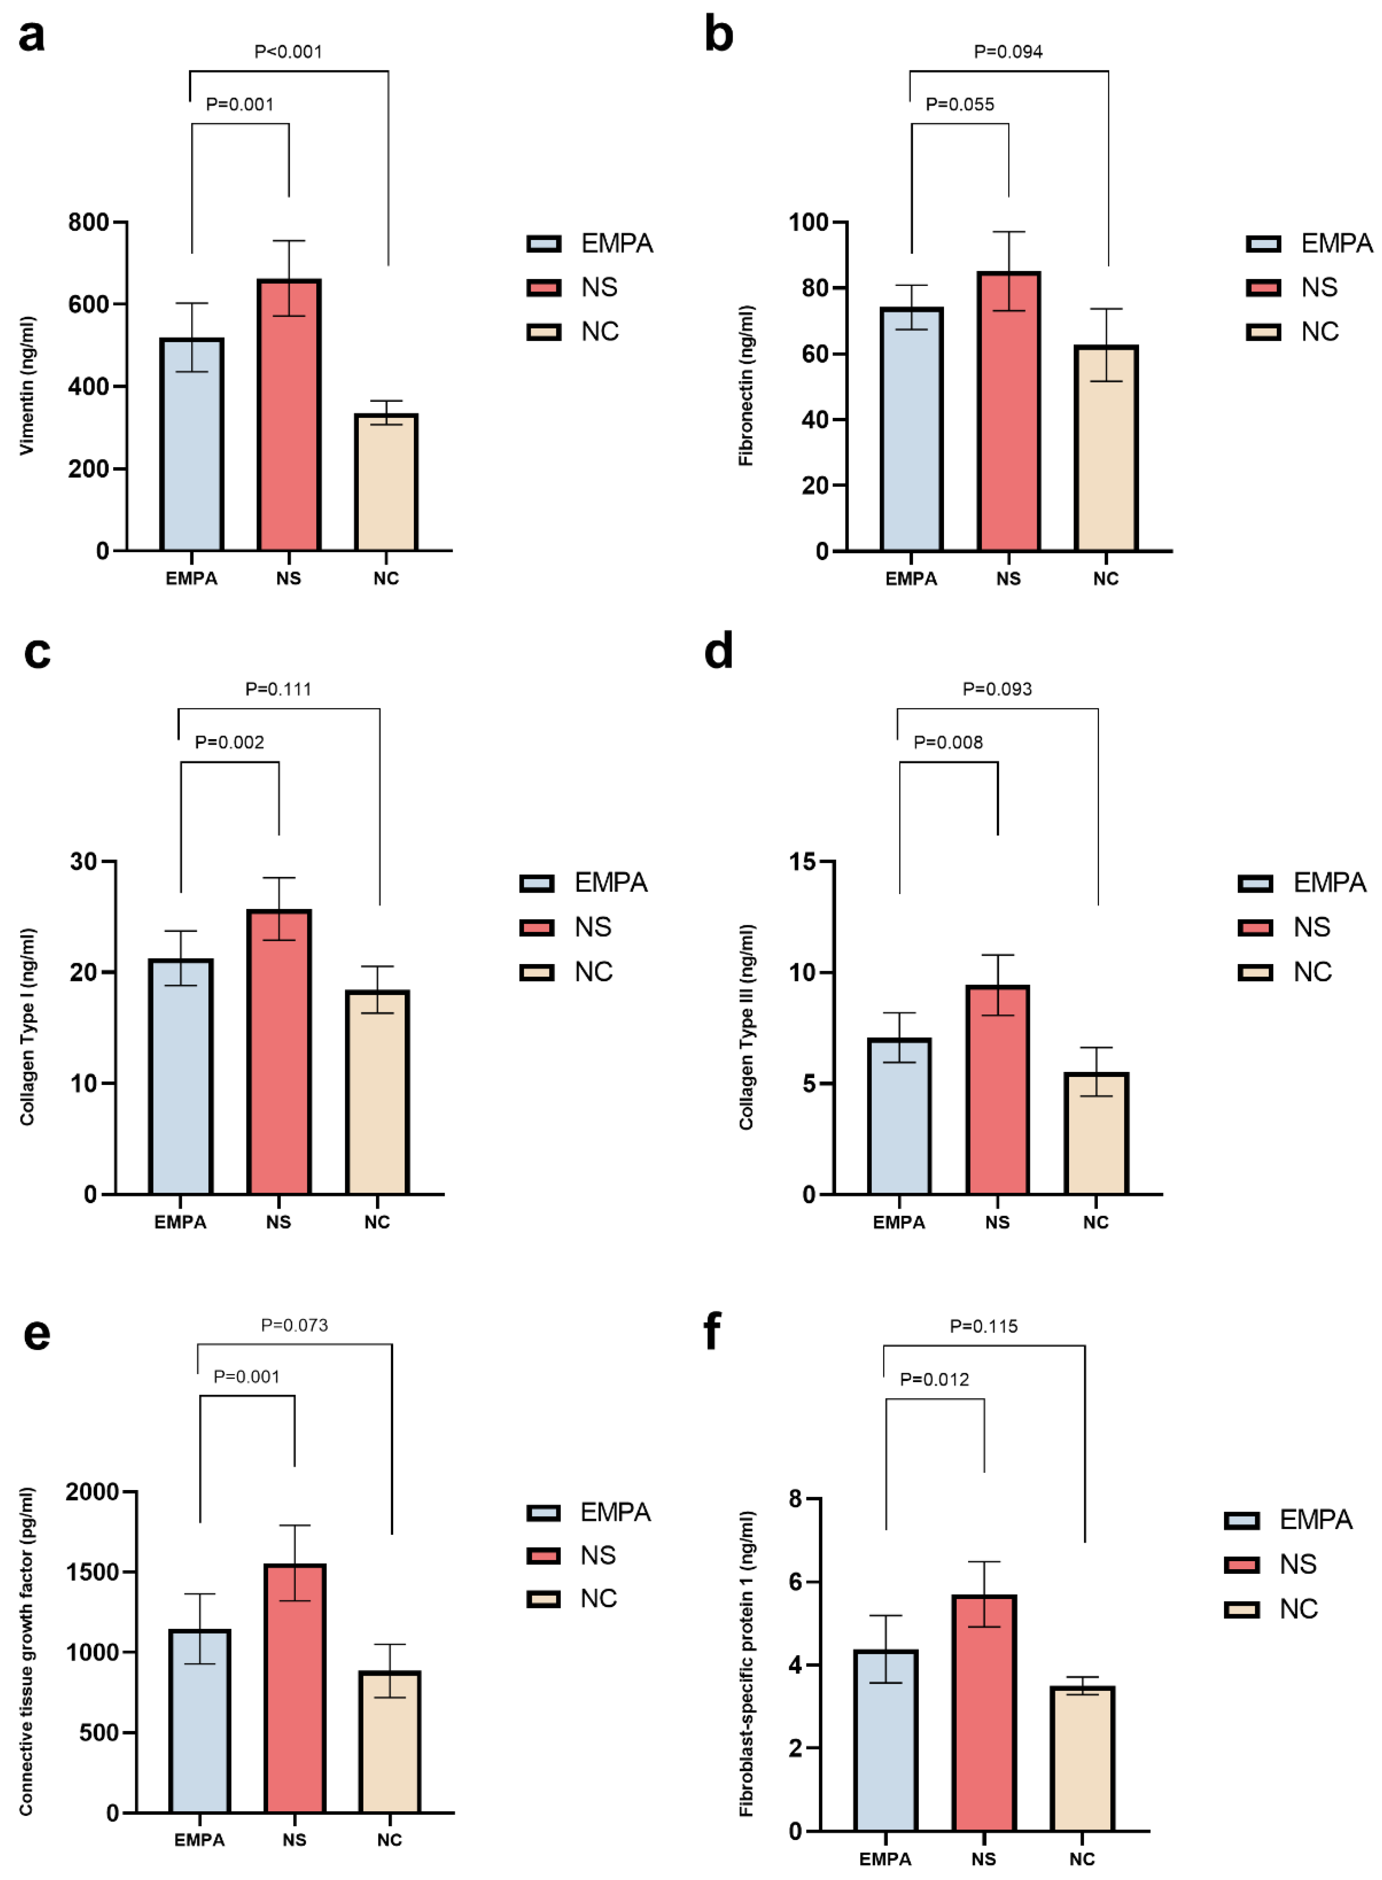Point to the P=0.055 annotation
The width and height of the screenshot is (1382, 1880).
[960, 104]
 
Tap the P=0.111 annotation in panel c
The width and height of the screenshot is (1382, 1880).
[278, 689]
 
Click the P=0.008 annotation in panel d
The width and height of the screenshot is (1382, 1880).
[948, 742]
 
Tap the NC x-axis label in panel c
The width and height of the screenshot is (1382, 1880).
[377, 1222]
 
